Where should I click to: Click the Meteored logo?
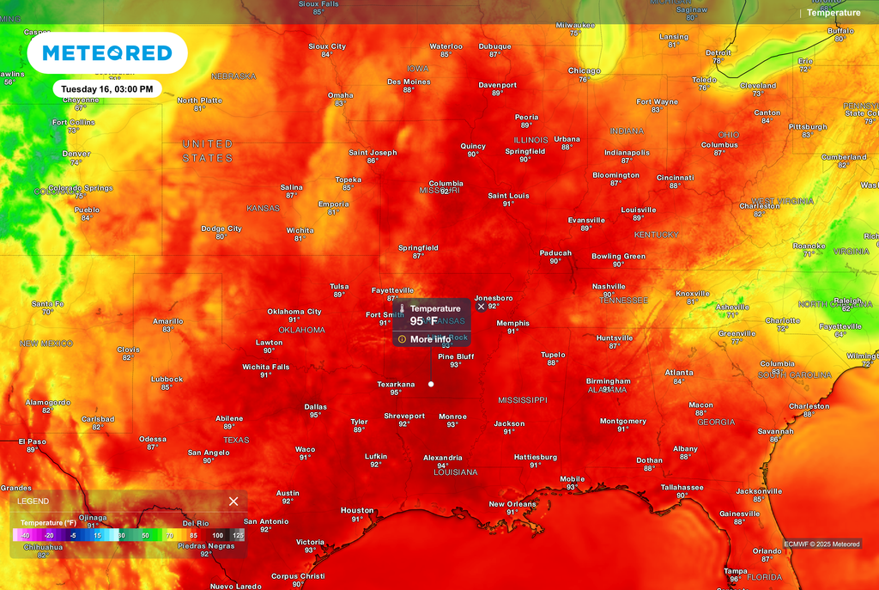(x=107, y=53)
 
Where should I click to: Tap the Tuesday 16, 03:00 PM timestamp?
(x=107, y=88)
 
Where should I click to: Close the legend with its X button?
(x=233, y=502)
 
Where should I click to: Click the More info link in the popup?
(x=430, y=339)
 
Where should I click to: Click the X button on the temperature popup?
(x=481, y=307)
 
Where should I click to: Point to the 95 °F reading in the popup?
(x=423, y=321)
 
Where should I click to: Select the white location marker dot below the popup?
(x=431, y=384)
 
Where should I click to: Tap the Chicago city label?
(x=584, y=70)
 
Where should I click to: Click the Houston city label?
(x=357, y=510)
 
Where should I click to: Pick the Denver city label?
(x=76, y=154)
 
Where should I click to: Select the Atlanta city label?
(x=679, y=373)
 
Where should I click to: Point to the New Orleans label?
(x=512, y=504)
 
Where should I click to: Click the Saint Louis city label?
(x=508, y=196)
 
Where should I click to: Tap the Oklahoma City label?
(x=294, y=312)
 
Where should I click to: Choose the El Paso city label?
(x=32, y=441)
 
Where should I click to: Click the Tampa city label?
(x=735, y=571)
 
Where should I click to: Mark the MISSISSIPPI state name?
(x=523, y=400)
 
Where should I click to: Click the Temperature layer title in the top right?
(x=833, y=13)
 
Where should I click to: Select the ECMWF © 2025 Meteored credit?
(x=821, y=544)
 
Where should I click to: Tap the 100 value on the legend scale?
(x=218, y=535)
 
